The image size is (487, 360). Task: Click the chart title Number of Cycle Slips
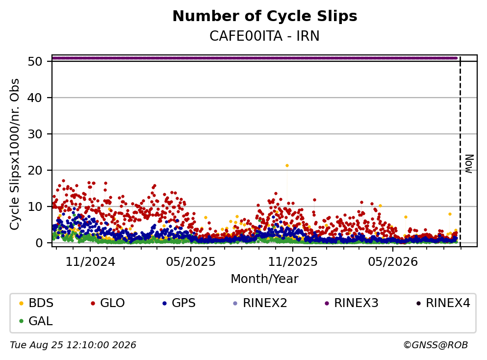[x=265, y=16]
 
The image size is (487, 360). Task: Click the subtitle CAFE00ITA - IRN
[x=264, y=36]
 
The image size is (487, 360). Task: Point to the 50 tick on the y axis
[x=35, y=61]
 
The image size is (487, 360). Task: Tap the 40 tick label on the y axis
[x=35, y=98]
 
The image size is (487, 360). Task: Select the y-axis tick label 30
[x=35, y=134]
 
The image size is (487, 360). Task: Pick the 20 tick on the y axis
[x=35, y=170]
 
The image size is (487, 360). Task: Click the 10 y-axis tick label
[x=35, y=206]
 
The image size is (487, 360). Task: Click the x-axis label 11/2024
[x=90, y=262]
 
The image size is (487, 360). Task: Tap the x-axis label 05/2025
[x=191, y=262]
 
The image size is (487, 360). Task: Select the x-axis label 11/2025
[x=293, y=262]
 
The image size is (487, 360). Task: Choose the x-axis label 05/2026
[x=393, y=262]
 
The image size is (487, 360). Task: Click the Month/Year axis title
[x=265, y=279]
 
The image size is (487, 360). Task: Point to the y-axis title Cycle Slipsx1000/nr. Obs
[x=15, y=154]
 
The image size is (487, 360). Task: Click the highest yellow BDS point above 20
[x=287, y=166]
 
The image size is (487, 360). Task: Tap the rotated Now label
[x=469, y=164]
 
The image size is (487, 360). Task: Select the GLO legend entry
[x=108, y=303]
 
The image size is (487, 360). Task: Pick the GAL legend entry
[x=36, y=321]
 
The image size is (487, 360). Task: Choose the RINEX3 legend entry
[x=352, y=303]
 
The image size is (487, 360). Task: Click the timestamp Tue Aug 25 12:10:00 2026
[x=73, y=345]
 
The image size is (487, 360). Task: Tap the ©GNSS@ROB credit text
[x=436, y=345]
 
